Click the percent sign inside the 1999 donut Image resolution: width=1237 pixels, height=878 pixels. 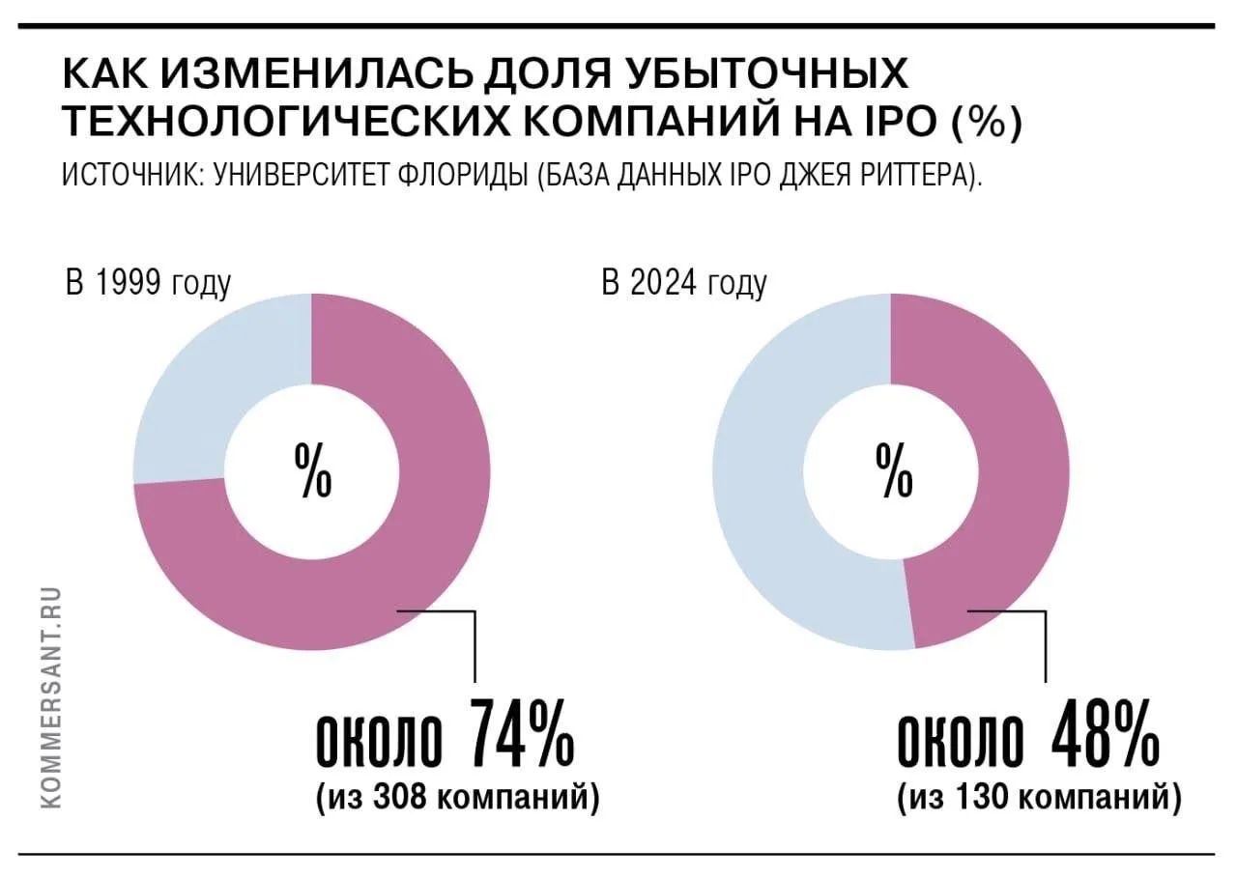tap(312, 471)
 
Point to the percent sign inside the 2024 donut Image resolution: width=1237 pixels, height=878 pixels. tap(894, 471)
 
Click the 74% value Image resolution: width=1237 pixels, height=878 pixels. tap(521, 734)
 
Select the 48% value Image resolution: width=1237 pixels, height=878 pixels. tap(1105, 734)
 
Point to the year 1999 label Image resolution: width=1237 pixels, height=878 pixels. tap(129, 283)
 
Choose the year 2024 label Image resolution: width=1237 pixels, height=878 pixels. tap(664, 283)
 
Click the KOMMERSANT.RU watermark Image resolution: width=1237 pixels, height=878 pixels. tap(51, 697)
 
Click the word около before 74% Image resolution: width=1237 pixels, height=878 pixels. tap(380, 742)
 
